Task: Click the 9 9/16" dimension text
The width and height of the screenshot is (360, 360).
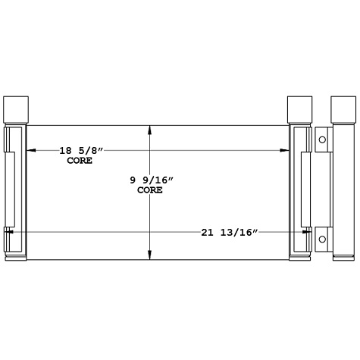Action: click(152, 180)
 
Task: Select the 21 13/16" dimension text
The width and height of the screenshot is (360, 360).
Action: click(230, 231)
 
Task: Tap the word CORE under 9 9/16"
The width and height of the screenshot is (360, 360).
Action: click(150, 190)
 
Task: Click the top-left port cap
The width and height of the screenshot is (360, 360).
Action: click(15, 110)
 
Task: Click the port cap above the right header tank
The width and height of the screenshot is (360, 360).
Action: click(300, 110)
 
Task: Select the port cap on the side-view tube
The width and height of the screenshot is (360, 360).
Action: click(343, 110)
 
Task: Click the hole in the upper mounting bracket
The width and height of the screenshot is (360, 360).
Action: click(322, 140)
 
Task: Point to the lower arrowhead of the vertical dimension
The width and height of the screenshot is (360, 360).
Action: click(151, 255)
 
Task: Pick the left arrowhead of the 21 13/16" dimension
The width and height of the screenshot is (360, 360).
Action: click(8, 231)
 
